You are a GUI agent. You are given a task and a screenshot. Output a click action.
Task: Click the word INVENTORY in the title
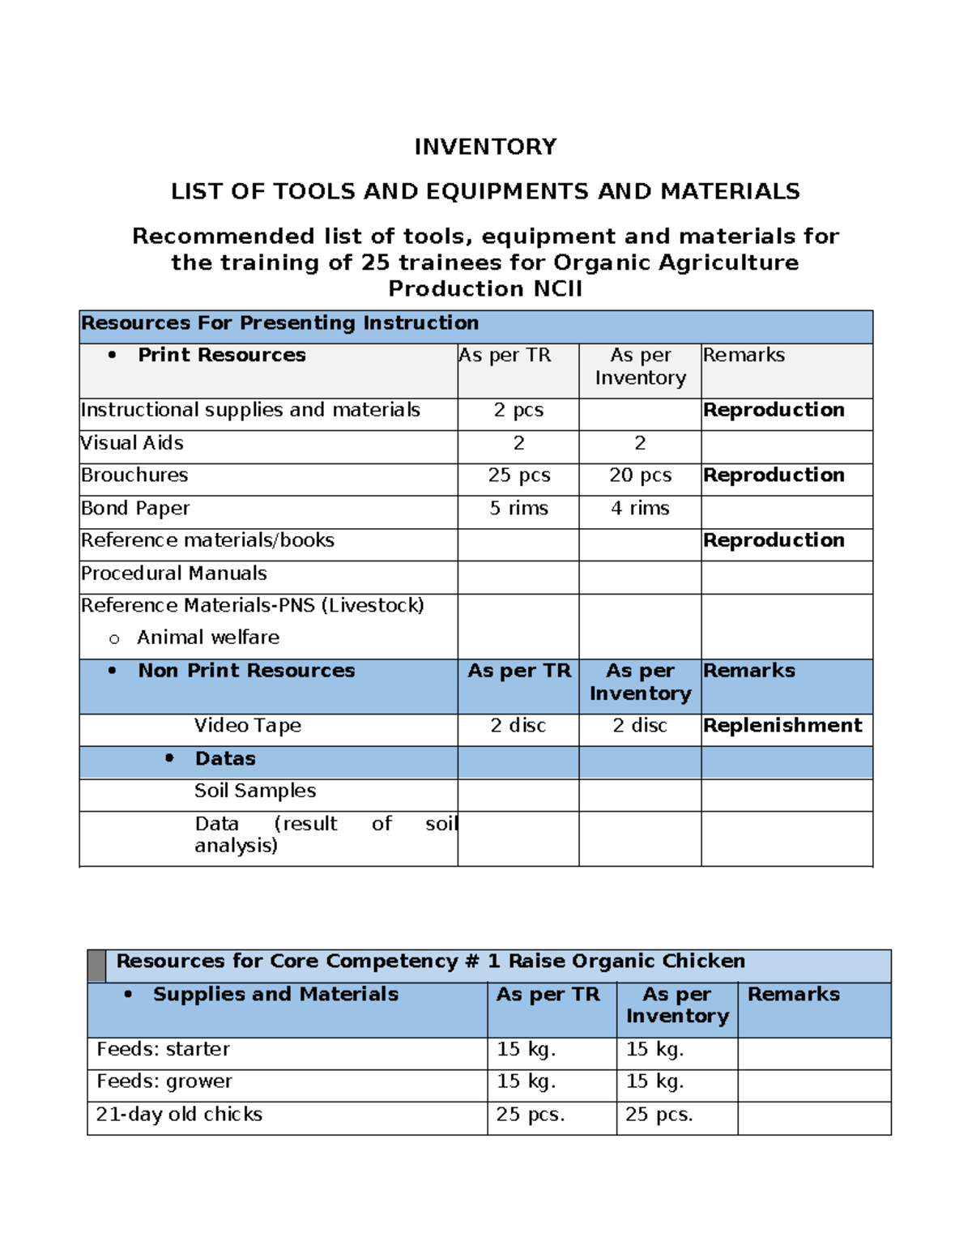pos(485,147)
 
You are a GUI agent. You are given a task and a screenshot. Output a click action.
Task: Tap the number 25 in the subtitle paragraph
pos(375,262)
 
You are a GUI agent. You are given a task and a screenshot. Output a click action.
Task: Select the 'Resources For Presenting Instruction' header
pos(279,323)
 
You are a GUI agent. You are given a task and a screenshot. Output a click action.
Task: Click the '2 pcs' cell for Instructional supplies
pos(518,411)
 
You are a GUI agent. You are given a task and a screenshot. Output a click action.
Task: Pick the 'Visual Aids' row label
pos(132,443)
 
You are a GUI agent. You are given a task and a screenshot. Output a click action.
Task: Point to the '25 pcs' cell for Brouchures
pos(518,475)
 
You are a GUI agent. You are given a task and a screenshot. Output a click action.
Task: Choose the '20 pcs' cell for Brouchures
pos(640,475)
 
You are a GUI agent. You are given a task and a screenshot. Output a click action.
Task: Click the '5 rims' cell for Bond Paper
pos(518,509)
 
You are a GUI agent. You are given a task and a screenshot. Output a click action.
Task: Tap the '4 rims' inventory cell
pos(640,509)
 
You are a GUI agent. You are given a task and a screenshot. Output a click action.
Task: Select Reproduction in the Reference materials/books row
pos(774,540)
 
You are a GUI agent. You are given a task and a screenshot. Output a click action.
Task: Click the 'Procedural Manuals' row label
pos(173,574)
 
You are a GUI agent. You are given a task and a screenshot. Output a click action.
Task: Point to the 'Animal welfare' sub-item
pos(208,638)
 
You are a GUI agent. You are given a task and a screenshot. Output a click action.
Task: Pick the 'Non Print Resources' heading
pos(246,671)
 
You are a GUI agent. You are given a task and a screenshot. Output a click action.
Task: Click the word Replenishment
pos(782,726)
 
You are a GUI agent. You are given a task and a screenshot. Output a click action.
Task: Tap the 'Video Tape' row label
pos(247,726)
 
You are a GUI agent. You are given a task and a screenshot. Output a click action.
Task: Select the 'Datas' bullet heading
pos(225,759)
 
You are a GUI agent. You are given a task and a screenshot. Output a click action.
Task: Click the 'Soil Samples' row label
pos(255,791)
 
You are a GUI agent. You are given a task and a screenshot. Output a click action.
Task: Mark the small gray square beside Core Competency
pos(96,966)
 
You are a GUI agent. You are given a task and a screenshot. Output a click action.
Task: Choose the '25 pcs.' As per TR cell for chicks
pos(531,1115)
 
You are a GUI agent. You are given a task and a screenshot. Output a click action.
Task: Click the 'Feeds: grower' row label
pos(164,1081)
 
